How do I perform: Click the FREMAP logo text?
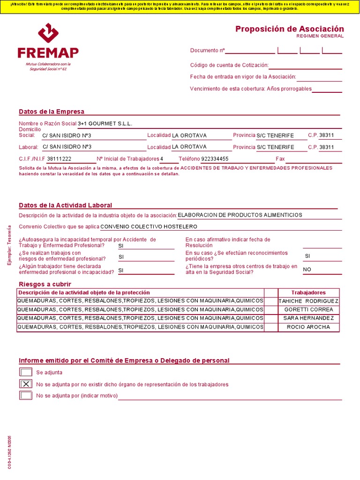48,52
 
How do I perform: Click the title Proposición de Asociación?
289,29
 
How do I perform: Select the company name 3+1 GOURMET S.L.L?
105,124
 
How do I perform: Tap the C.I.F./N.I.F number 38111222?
59,159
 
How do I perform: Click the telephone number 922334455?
215,159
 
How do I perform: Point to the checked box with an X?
26,384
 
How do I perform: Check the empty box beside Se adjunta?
26,372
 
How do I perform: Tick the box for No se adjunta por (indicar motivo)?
26,395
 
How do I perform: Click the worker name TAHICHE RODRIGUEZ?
308,301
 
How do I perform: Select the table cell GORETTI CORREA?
308,309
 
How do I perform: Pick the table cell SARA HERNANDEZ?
308,318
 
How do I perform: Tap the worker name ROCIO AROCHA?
308,327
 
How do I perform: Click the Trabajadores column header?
308,292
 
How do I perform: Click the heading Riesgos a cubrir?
45,284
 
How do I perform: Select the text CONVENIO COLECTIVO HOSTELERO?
149,226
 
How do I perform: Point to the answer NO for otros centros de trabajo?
307,270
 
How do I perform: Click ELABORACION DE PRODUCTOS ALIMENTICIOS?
240,215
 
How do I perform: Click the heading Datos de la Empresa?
52,112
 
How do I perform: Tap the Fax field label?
280,159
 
